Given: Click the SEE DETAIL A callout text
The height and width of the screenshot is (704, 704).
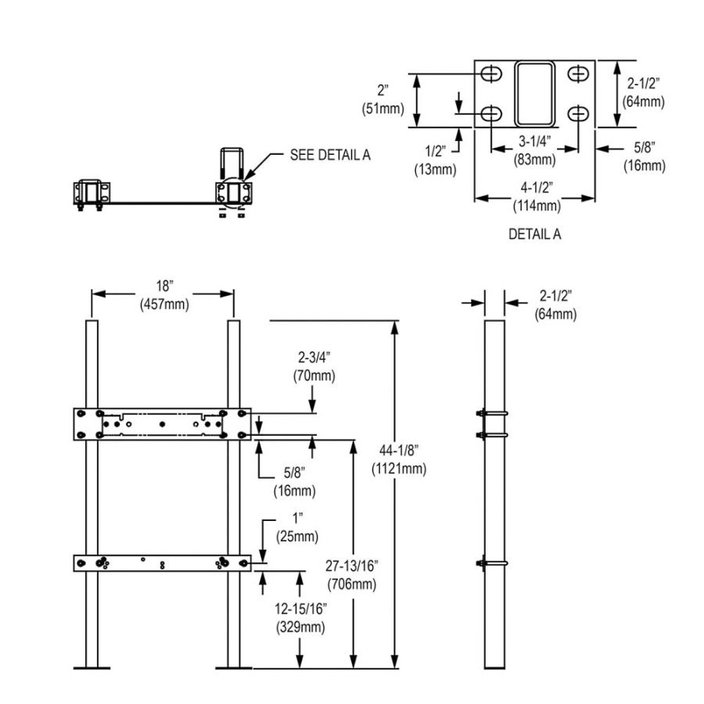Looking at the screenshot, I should point(330,155).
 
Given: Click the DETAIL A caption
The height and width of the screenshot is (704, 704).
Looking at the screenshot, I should point(534,233).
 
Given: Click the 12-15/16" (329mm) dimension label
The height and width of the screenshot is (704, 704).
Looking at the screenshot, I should point(300,618).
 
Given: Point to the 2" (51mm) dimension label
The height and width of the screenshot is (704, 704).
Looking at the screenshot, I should point(382,100).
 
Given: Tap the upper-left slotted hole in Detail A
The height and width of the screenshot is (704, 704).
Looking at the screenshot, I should point(491,74).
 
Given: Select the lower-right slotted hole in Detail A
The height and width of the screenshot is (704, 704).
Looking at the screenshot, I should point(577,114).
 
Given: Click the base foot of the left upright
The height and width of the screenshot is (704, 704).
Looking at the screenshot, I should point(92,667).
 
